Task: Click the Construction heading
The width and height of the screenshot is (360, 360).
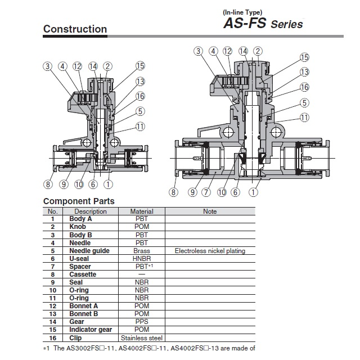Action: pos(75,29)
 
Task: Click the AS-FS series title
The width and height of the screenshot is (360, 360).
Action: pos(263,24)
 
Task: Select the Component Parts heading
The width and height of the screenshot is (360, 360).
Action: pos(79,201)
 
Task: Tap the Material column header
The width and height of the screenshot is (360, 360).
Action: pos(142,211)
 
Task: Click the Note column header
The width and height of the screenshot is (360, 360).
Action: pos(210,211)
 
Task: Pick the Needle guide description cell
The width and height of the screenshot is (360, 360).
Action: pos(89,251)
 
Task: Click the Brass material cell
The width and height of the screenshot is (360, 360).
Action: pos(142,251)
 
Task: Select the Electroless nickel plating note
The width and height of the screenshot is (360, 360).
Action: pos(210,251)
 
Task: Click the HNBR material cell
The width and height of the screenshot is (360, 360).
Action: pos(142,259)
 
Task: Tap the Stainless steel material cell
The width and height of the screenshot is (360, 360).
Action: pos(142,337)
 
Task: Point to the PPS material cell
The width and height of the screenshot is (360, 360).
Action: pos(142,322)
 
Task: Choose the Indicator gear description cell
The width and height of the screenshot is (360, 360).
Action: pos(91,330)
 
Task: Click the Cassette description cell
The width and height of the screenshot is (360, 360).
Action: pos(83,274)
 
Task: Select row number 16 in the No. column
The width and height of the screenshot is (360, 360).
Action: pos(53,337)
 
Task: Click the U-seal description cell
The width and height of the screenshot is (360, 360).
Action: pos(79,259)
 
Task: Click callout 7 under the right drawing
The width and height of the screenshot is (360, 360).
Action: pos(206,192)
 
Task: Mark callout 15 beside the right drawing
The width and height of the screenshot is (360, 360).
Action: pos(304,57)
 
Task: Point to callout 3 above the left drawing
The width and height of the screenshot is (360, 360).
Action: pos(48,66)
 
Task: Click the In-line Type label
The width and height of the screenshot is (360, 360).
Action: pos(242,12)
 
